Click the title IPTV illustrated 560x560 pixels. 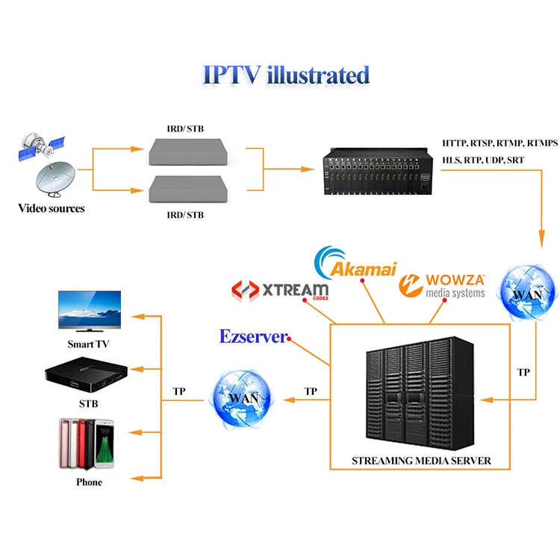pyautogui.click(x=286, y=75)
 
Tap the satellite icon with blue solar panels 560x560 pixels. pyautogui.click(x=41, y=146)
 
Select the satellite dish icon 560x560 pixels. pyautogui.click(x=55, y=179)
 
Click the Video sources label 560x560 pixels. pyautogui.click(x=52, y=208)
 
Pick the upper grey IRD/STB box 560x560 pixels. pyautogui.click(x=188, y=152)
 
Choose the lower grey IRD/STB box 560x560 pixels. pyautogui.click(x=188, y=189)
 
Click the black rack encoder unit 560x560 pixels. pyautogui.click(x=378, y=171)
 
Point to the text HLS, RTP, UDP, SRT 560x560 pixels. pyautogui.click(x=483, y=160)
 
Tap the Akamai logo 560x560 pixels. pyautogui.click(x=355, y=264)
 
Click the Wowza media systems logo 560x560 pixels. pyautogui.click(x=442, y=286)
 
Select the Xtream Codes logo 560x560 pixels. pyautogui.click(x=280, y=290)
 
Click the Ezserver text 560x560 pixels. pyautogui.click(x=253, y=337)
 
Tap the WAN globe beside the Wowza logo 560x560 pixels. pyautogui.click(x=527, y=293)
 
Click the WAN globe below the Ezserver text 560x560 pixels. pyautogui.click(x=243, y=399)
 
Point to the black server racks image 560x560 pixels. pyautogui.click(x=420, y=393)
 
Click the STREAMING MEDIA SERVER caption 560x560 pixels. pyautogui.click(x=421, y=461)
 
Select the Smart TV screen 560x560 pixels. pyautogui.click(x=90, y=310)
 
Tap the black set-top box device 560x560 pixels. pyautogui.click(x=86, y=374)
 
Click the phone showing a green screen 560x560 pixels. pyautogui.click(x=105, y=444)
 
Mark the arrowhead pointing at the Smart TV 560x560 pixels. pyautogui.click(x=138, y=316)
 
